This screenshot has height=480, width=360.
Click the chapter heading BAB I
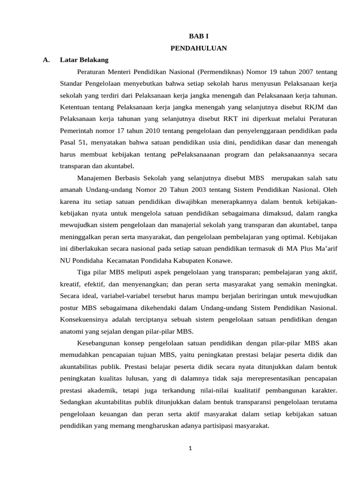click(x=198, y=36)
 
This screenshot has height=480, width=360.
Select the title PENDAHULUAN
click(x=198, y=48)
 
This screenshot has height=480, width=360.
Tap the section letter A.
click(x=46, y=60)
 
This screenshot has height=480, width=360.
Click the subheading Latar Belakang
click(x=84, y=60)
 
